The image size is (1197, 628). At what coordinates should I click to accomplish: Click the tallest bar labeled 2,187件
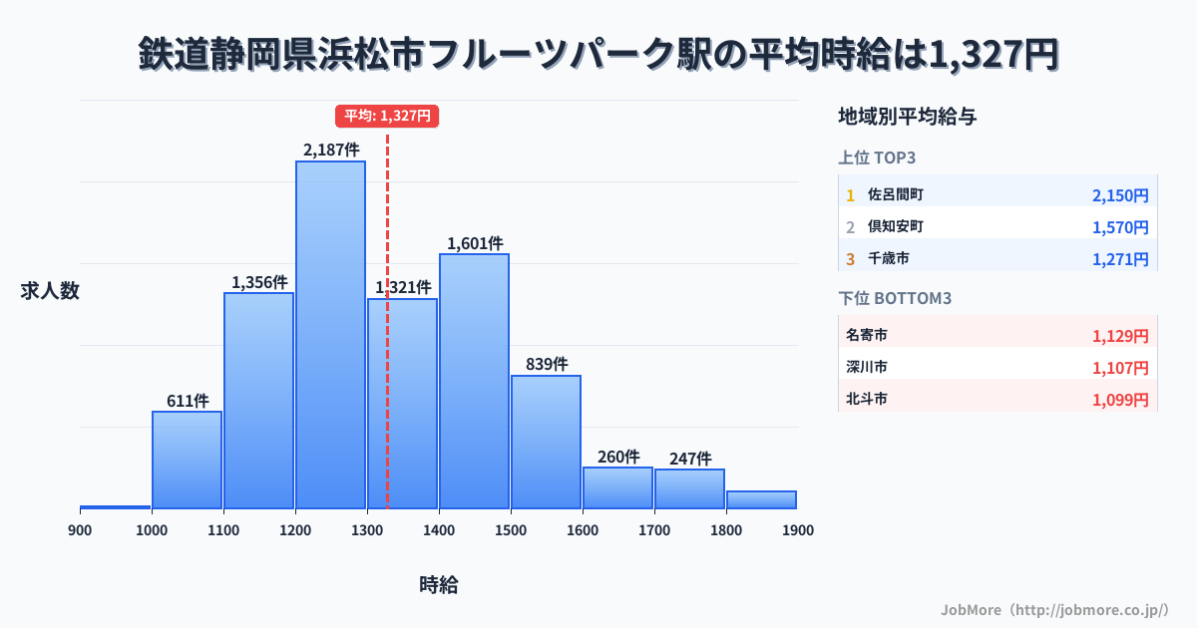coord(330,334)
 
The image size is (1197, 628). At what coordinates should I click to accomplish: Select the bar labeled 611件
coord(187,460)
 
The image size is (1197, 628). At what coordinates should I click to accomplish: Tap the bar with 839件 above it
coord(546,442)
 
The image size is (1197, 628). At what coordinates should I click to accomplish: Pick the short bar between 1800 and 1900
coord(761,499)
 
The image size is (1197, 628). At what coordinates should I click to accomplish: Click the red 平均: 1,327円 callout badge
coord(387,116)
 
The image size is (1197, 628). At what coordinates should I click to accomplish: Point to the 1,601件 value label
coord(475,242)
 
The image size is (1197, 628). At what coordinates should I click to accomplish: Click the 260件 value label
coord(618,457)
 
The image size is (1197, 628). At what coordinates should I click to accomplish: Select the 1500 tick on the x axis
coord(511,530)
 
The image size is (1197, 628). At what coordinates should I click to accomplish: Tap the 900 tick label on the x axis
coord(80,530)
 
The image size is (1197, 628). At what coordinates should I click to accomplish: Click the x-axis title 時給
coord(439,585)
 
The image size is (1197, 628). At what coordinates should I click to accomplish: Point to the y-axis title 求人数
coord(50,291)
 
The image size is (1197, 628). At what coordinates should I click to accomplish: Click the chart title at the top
coord(598,55)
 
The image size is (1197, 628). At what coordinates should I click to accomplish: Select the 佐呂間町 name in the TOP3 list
coord(896,194)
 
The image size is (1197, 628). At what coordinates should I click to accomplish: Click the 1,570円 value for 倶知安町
coord(1120,227)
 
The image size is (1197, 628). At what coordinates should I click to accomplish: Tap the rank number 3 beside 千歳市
coord(851,259)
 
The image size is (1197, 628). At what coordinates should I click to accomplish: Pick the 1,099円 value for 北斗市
coord(1120,400)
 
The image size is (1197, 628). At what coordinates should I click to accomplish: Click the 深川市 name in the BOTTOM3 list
coord(867,368)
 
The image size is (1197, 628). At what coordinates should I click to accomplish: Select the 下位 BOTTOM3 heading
coord(887,298)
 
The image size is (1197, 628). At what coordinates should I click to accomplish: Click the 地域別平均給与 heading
coord(907,117)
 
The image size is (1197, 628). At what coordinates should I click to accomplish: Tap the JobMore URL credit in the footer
coord(1054,609)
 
